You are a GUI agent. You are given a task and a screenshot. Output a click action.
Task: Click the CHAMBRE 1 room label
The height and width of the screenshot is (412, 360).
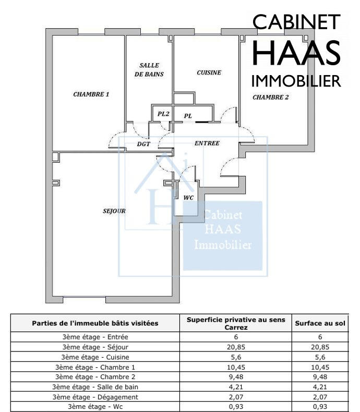tap(91, 94)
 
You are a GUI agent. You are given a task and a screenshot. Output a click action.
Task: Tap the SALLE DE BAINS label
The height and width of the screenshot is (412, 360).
tap(149, 70)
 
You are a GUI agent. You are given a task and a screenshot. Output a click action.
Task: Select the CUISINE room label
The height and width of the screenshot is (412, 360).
tap(209, 72)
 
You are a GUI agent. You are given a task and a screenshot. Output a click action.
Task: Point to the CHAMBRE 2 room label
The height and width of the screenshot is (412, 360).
tap(270, 97)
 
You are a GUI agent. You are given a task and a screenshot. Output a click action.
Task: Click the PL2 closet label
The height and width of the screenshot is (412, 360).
tap(163, 114)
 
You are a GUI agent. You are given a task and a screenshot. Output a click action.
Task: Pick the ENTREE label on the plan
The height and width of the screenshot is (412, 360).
tap(207, 143)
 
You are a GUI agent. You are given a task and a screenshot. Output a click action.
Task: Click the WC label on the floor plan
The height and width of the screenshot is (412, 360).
tap(188, 198)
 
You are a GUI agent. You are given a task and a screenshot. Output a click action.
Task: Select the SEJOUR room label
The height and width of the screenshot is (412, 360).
tap(114, 211)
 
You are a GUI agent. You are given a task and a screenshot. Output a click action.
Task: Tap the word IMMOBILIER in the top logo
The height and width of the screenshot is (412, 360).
tap(296, 81)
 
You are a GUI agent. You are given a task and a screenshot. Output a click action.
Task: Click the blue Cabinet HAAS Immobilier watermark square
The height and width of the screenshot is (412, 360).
tap(223, 235)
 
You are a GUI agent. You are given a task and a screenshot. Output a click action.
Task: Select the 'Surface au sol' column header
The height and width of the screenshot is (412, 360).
tap(320, 323)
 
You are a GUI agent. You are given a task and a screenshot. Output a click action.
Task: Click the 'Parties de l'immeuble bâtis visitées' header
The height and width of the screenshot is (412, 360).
tap(95, 323)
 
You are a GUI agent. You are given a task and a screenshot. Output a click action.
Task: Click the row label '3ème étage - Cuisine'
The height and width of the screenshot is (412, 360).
tap(95, 357)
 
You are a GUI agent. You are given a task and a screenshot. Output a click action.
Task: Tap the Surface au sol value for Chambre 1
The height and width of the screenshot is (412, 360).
tap(320, 367)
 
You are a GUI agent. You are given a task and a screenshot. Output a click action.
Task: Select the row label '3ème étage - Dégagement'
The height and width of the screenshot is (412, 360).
tap(95, 397)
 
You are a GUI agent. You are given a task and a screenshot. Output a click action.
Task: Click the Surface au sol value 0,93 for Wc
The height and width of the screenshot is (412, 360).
tap(320, 406)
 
